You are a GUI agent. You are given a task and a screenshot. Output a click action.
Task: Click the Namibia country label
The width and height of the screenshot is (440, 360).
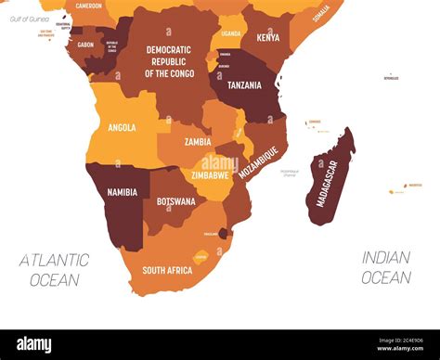[122, 192]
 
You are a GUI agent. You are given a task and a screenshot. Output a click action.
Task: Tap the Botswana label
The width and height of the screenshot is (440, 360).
[175, 201]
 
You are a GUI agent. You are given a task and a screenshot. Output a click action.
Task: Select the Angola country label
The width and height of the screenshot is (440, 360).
[122, 128]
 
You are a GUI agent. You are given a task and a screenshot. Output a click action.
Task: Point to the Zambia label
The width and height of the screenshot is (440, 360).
[198, 142]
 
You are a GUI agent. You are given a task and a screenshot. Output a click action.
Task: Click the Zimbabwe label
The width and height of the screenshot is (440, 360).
[211, 174]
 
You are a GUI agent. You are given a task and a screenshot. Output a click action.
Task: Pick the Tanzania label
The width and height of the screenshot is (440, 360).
[244, 85]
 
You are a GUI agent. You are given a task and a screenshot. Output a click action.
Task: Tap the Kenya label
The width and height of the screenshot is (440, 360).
[267, 38]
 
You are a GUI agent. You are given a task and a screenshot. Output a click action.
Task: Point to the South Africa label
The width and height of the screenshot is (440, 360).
[167, 270]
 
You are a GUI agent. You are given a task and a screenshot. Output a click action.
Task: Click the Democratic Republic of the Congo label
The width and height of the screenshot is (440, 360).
[168, 61]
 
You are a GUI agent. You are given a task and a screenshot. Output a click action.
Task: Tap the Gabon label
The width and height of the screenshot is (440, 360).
[85, 45]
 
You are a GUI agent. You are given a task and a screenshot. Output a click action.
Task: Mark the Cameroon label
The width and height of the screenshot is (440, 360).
[89, 6]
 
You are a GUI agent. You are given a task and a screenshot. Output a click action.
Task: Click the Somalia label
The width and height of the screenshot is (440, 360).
[321, 13]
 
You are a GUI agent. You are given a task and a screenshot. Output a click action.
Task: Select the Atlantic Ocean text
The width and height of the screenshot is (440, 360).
[54, 269]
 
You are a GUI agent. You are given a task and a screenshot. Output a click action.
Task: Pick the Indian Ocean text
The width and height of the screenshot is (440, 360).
[386, 267]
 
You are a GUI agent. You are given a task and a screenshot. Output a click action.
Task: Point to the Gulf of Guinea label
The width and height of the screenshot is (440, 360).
[29, 19]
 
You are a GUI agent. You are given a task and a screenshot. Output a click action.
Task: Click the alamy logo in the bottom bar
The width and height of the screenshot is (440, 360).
[34, 344]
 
